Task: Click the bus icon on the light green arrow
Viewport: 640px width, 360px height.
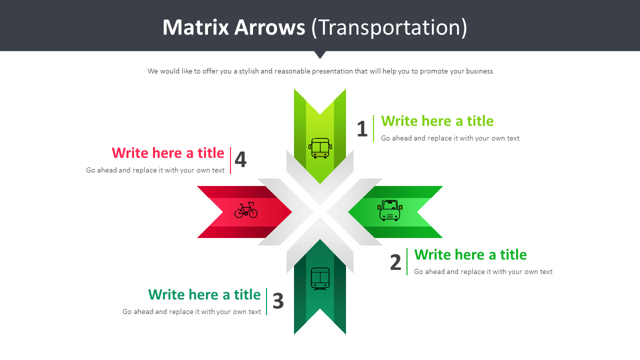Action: coord(320,148)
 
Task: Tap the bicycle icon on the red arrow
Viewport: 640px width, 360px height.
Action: coord(246,210)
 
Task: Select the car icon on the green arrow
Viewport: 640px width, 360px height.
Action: coord(390,210)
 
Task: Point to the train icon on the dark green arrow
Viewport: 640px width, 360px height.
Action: coord(320,278)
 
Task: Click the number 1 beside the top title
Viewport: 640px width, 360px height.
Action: coord(362,129)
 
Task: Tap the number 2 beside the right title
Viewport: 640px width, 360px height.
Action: coord(395,262)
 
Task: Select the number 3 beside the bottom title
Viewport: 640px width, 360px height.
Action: coord(278,301)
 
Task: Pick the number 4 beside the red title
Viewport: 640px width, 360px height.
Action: coord(240,160)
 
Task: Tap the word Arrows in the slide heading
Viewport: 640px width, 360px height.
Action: coord(270,27)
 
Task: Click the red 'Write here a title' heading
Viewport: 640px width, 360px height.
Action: coord(168,152)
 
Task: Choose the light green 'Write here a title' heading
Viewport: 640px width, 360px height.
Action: coord(437,121)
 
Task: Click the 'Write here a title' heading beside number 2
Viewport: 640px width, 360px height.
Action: coord(470,254)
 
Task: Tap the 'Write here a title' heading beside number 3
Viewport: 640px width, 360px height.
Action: coord(204,294)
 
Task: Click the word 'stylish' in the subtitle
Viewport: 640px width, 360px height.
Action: coord(249,71)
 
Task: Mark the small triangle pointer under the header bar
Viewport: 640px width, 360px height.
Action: coord(320,54)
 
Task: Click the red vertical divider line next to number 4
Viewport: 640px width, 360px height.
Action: coord(230,160)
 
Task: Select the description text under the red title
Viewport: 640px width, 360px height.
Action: coord(155,170)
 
